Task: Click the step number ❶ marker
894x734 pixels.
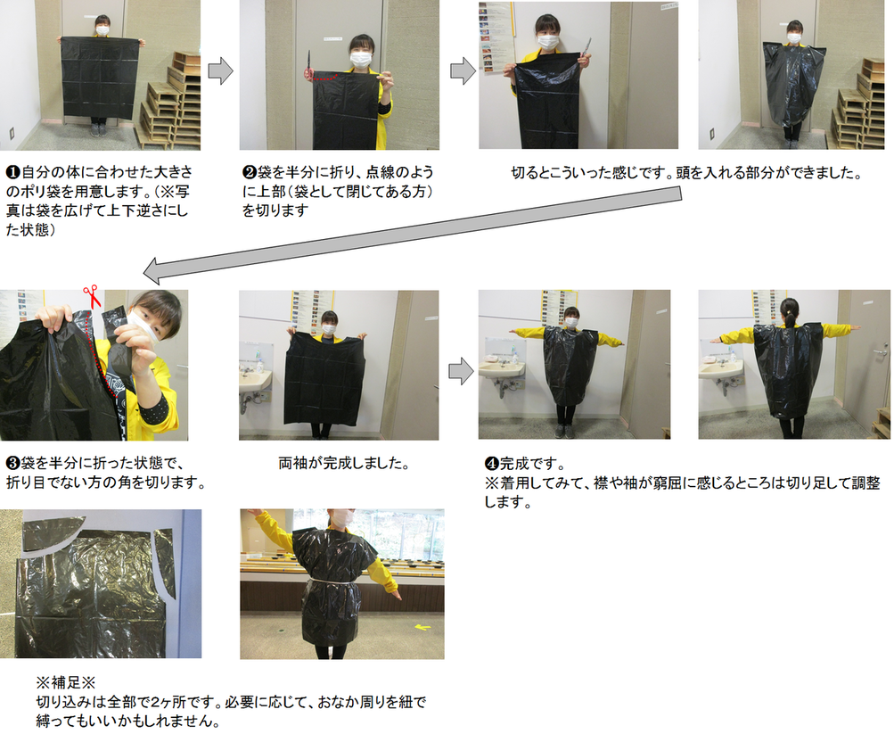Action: [12, 169]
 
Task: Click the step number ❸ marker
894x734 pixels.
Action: [12, 464]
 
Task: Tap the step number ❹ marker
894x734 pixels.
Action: [490, 464]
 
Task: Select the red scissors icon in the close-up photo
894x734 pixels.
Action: [91, 295]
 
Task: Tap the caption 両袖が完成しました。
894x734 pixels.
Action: [343, 465]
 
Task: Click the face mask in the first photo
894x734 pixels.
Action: [103, 29]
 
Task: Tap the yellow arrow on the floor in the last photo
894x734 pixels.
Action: [422, 627]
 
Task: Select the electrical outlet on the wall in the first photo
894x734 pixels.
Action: [12, 136]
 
